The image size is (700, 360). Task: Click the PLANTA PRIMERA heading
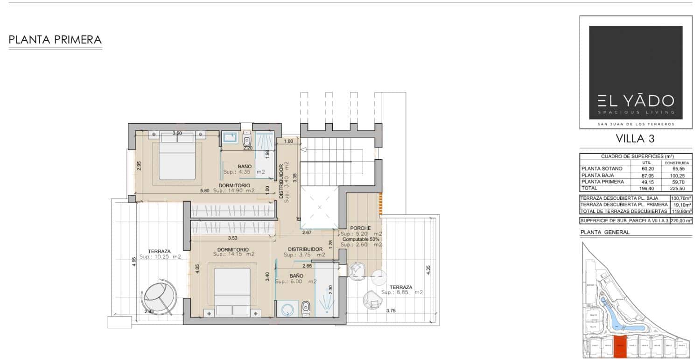click(x=55, y=40)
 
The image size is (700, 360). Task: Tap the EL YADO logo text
click(x=635, y=100)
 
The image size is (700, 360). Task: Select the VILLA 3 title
click(x=635, y=139)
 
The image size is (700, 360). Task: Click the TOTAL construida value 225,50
click(x=677, y=188)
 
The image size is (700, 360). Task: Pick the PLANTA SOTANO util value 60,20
click(x=646, y=169)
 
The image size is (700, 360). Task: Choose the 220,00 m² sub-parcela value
click(x=680, y=221)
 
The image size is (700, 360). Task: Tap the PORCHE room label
click(x=360, y=228)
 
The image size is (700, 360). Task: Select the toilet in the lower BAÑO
click(x=306, y=307)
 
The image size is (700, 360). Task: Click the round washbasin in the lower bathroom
click(x=288, y=309)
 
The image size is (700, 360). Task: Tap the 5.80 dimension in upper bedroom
click(x=204, y=191)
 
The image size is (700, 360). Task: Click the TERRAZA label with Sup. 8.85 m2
click(x=401, y=288)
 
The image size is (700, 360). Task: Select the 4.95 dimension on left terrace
click(x=133, y=261)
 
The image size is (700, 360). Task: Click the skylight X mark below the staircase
click(x=320, y=207)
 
